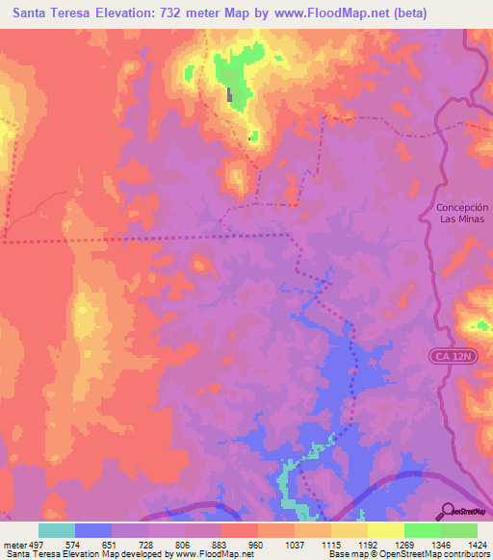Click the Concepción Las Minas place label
click(462, 213)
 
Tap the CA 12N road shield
click(453, 357)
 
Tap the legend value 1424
click(478, 543)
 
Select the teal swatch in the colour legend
click(57, 530)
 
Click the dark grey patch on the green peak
click(229, 95)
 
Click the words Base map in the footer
click(342, 554)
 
